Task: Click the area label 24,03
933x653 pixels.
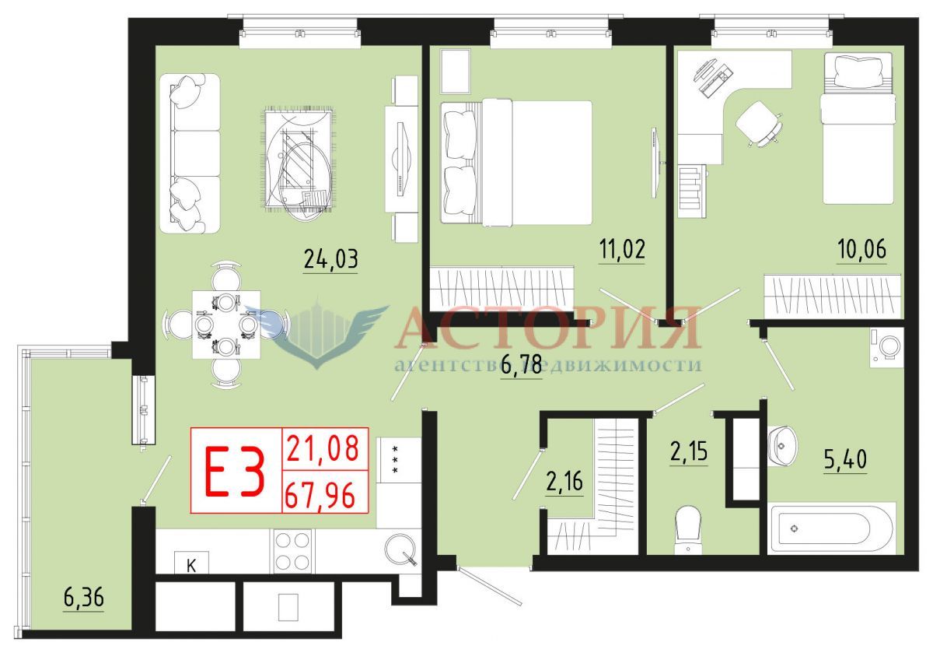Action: (330, 259)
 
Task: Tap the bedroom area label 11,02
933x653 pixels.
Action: (622, 249)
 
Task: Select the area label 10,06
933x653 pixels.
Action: (861, 249)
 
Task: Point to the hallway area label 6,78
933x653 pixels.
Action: (521, 364)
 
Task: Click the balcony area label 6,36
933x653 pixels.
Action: (83, 598)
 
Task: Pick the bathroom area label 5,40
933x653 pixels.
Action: (845, 459)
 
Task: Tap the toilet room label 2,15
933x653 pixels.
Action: (689, 451)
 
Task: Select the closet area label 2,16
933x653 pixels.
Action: (564, 482)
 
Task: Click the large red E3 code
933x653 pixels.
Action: (235, 471)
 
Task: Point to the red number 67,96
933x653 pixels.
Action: (320, 494)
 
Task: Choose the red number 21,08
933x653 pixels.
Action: (323, 448)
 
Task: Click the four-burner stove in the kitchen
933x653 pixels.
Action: (292, 551)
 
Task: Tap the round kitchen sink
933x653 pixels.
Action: (400, 549)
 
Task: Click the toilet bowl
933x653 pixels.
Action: (687, 530)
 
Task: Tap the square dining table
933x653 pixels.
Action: (226, 325)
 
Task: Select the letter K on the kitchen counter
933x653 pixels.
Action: (191, 566)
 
